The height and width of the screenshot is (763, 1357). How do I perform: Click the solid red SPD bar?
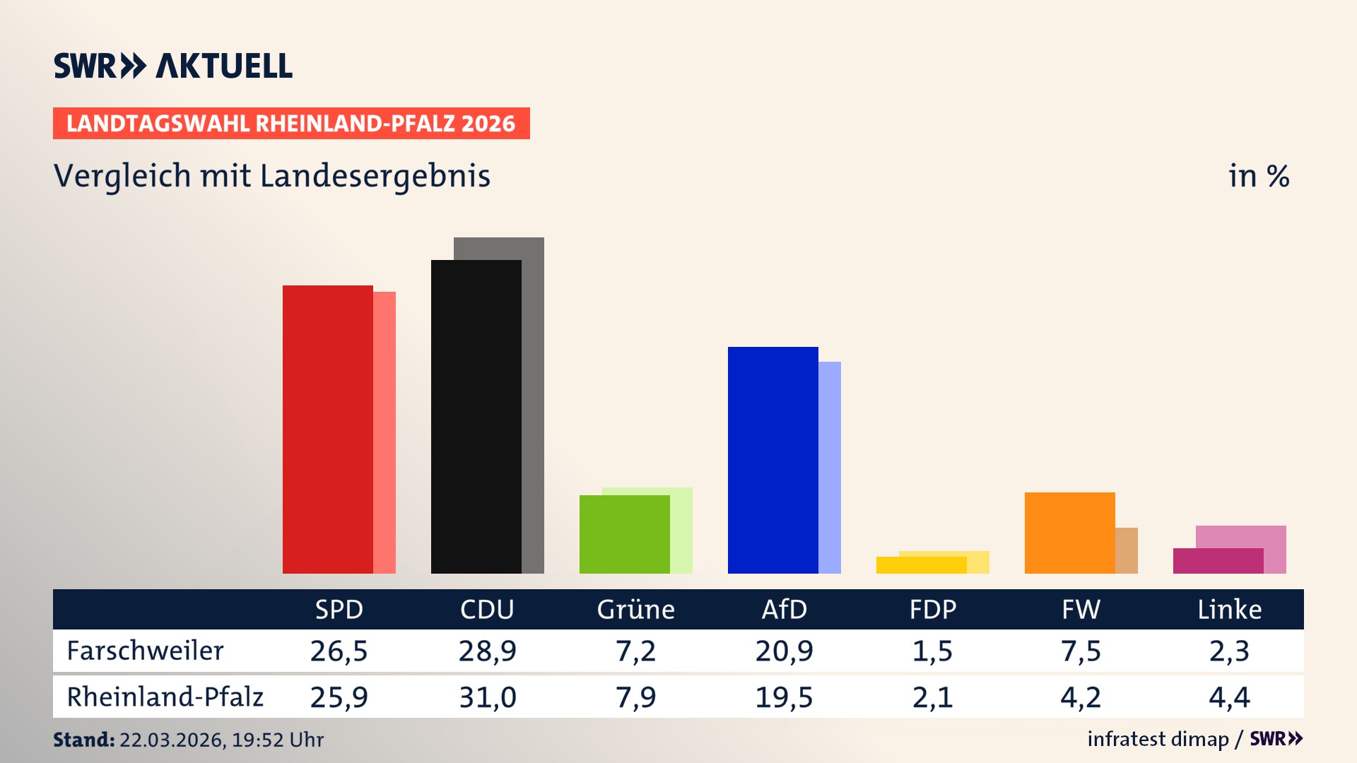click(x=327, y=429)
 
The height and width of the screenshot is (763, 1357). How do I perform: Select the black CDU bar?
click(x=476, y=417)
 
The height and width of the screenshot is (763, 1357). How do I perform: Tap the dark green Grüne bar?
click(x=624, y=534)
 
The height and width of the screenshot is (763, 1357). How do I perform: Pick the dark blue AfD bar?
click(x=773, y=460)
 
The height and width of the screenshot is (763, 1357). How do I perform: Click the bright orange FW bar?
click(x=1069, y=533)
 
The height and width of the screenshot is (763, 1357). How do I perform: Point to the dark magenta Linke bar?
click(x=1218, y=561)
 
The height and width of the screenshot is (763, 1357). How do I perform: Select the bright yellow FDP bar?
click(x=921, y=565)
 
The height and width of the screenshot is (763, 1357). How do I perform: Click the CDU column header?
click(x=487, y=610)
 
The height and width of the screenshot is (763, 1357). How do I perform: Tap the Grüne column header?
click(x=635, y=610)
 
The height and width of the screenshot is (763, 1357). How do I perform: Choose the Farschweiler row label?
click(x=145, y=651)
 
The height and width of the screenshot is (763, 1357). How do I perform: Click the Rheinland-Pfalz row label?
click(x=165, y=697)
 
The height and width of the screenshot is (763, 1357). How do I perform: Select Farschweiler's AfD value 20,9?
click(x=784, y=651)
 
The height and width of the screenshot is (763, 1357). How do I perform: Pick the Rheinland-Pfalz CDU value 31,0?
click(x=487, y=697)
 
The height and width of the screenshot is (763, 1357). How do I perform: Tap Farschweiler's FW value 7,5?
click(x=1081, y=651)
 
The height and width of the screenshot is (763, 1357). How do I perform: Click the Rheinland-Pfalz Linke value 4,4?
click(x=1229, y=697)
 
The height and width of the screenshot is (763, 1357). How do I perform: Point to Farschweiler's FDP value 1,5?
click(x=932, y=651)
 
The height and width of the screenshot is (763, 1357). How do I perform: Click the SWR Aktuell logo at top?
click(x=173, y=66)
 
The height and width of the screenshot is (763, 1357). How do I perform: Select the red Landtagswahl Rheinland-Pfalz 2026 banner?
click(x=291, y=124)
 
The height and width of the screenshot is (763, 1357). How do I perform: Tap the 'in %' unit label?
click(x=1258, y=176)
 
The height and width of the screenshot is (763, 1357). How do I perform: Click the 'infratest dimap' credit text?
click(x=1158, y=739)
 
